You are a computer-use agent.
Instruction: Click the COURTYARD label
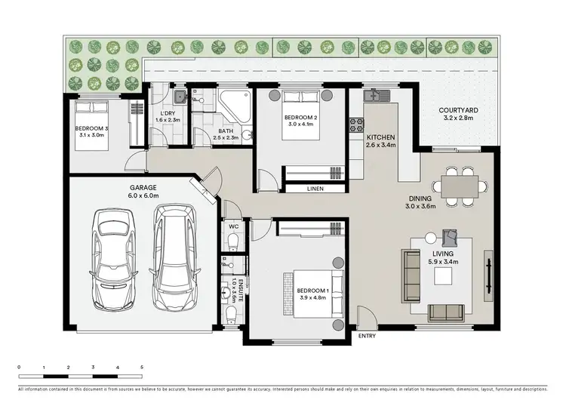[x=459, y=110]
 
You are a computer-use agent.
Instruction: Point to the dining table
[x=458, y=184]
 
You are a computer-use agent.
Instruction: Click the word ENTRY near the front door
[x=368, y=336]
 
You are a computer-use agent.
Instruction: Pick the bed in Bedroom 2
[x=300, y=115]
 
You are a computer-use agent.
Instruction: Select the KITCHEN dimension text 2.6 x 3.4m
[x=381, y=147]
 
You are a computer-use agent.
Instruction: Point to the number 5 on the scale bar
[x=142, y=367]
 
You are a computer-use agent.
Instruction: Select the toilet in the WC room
[x=232, y=240]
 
